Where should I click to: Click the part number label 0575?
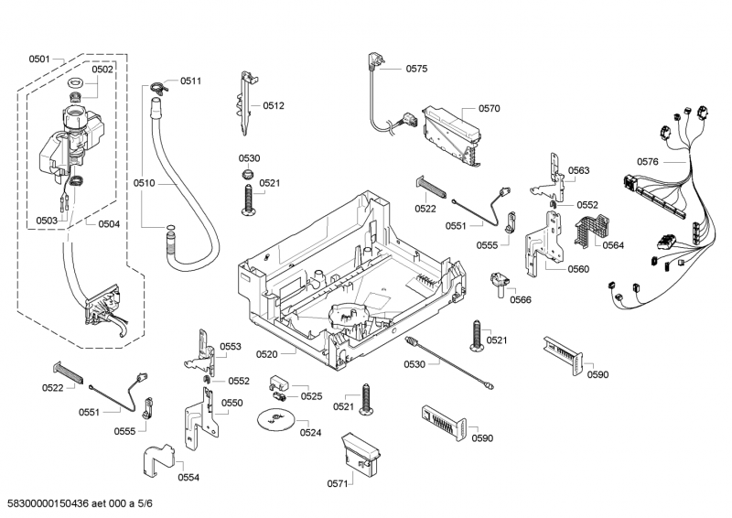[416, 69]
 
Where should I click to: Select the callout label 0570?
[489, 108]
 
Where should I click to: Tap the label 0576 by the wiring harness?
[648, 162]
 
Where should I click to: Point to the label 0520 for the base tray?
[267, 353]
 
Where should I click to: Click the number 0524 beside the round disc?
[310, 432]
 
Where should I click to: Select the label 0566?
[521, 299]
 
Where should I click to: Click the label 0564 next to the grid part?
[612, 244]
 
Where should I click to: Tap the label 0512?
[274, 105]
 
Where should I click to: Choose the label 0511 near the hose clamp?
[190, 81]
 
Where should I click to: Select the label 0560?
[578, 269]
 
